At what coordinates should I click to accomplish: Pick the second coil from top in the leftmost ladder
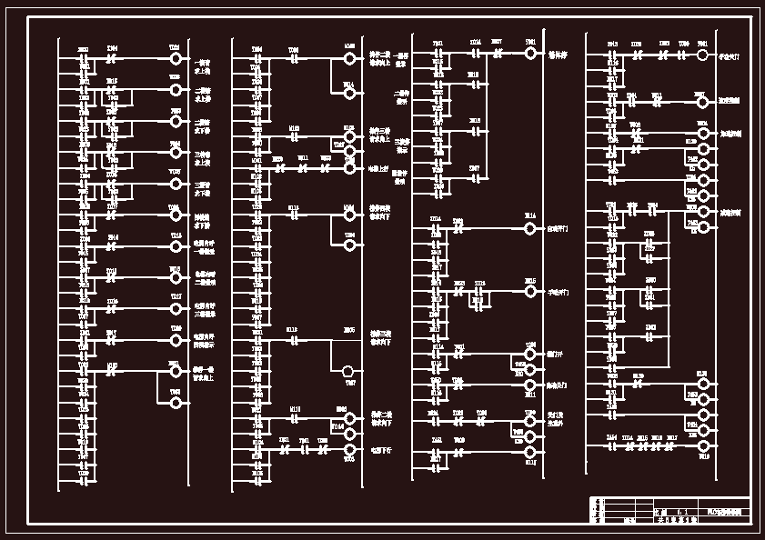point(176,90)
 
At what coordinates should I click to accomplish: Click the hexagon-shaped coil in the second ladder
point(349,371)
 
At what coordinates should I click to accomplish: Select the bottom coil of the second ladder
point(349,449)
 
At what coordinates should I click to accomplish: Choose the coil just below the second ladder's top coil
point(349,93)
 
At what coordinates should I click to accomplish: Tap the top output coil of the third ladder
point(531,54)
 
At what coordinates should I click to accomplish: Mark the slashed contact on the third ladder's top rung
point(497,54)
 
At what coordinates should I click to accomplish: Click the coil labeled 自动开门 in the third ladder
point(530,229)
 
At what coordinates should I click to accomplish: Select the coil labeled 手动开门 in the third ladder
point(530,292)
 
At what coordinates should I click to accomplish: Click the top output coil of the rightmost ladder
point(702,55)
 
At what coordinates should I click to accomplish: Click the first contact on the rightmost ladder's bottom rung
point(613,446)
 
